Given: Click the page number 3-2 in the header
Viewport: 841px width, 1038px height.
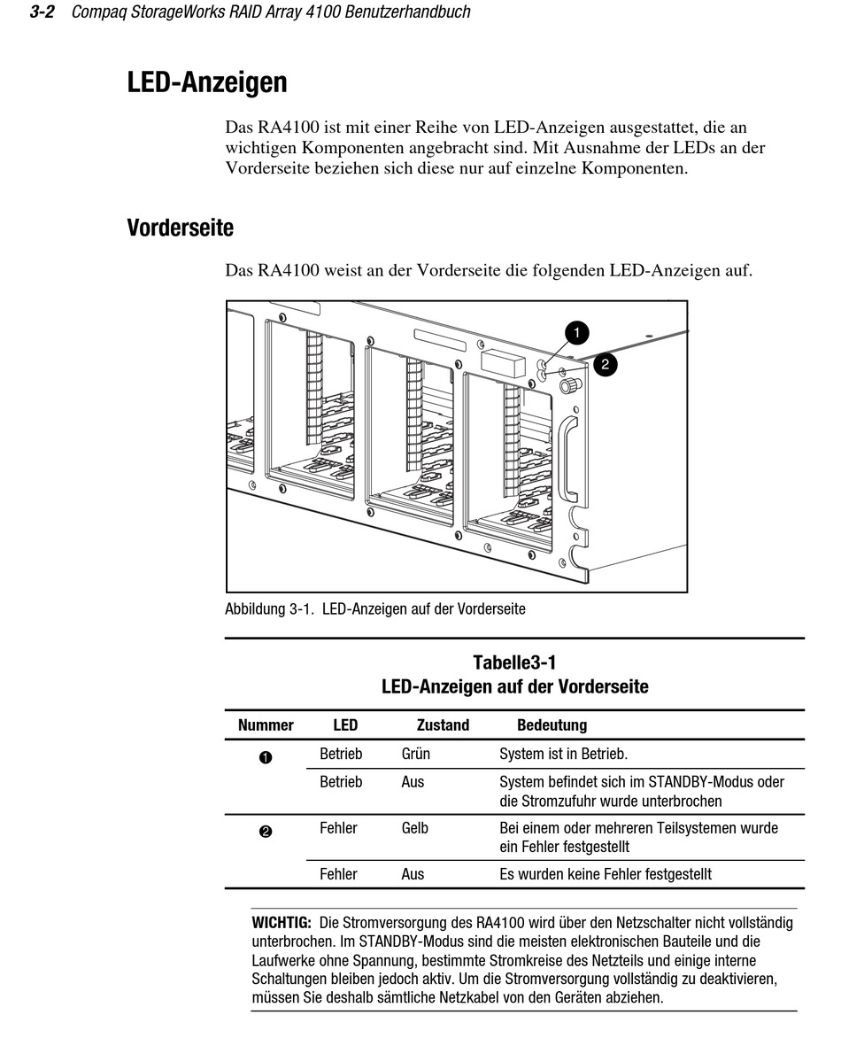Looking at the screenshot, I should coord(43,12).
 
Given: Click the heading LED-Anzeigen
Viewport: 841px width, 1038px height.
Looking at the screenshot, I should coord(207,83).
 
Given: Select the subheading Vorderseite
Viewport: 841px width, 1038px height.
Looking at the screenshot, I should coord(180,228).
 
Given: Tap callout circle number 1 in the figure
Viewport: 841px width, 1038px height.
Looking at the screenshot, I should coord(576,333).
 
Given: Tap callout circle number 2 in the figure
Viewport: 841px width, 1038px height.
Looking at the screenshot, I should coord(606,363).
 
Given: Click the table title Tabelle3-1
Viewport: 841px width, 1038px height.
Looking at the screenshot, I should coord(514,662).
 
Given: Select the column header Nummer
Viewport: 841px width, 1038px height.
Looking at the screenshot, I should coord(266,725).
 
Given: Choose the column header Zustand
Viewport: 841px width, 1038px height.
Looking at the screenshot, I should coord(443,725).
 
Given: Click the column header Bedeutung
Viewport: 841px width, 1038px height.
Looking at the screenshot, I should coord(552,725).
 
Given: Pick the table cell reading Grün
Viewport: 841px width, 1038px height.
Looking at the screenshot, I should coord(415,755).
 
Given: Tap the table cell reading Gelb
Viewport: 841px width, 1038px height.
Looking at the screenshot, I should coord(414,828).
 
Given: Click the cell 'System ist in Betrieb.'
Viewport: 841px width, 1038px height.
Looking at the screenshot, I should coord(563,755).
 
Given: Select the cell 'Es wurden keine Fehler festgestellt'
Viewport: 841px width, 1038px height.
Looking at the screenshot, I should coord(606,874).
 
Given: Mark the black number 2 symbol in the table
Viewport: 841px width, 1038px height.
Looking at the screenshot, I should coord(266,831).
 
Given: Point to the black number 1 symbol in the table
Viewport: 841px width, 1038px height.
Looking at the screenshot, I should coord(266,757).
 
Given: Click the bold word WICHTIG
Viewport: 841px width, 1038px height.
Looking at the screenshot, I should coord(282,923).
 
